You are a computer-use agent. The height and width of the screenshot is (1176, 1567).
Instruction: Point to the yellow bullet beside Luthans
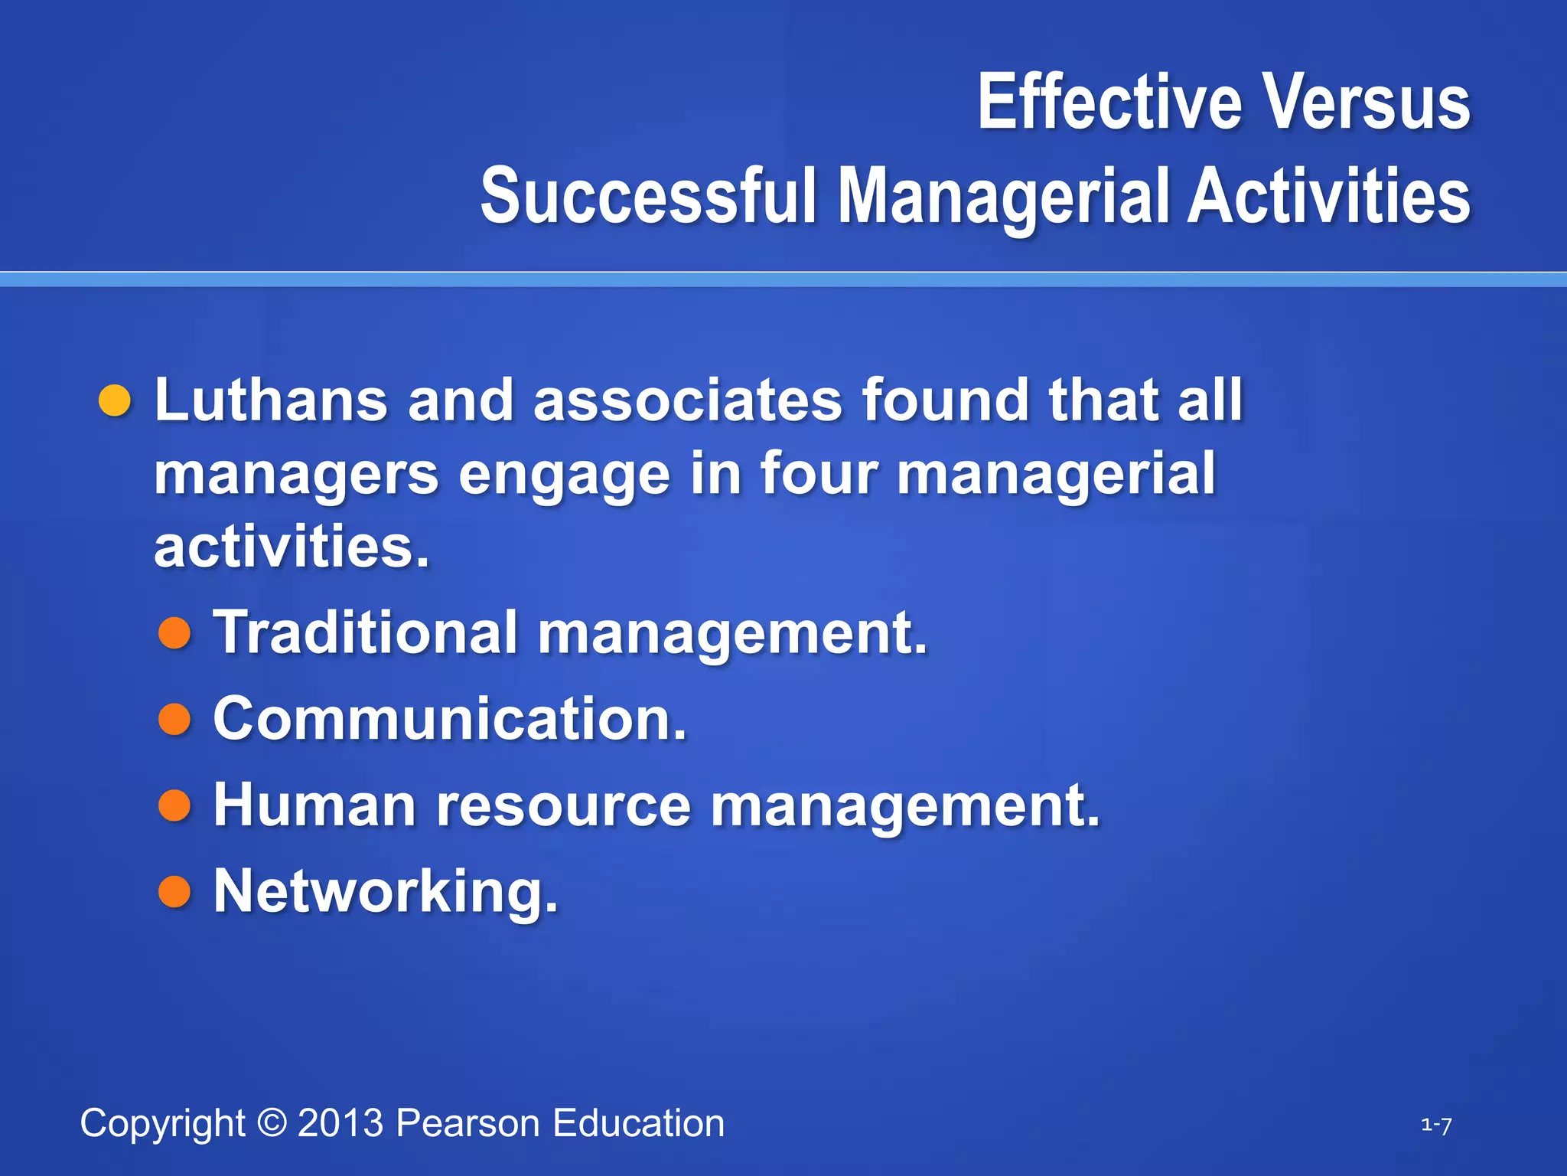tap(116, 401)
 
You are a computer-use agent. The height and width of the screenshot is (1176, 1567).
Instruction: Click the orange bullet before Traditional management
tap(174, 633)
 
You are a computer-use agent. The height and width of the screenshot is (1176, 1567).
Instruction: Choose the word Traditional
tap(366, 632)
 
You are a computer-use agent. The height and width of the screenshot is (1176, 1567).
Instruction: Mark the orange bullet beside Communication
tap(174, 720)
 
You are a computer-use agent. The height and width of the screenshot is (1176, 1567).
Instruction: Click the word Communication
tap(450, 719)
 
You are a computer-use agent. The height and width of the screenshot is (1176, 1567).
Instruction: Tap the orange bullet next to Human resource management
tap(174, 806)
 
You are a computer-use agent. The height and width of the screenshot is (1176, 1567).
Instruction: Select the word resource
tap(564, 806)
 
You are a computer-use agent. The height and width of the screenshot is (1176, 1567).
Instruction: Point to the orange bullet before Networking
tap(174, 892)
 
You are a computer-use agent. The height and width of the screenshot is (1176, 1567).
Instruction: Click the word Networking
tap(386, 892)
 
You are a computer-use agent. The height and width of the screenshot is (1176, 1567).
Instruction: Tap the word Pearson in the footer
tap(468, 1123)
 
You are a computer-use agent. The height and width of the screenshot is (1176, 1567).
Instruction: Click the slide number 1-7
tap(1436, 1125)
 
